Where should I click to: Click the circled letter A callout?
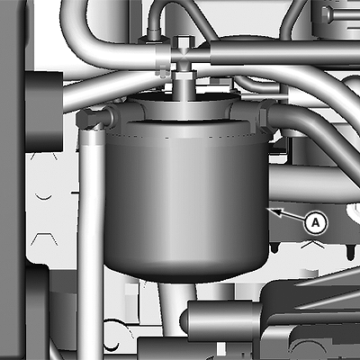pyautogui.click(x=316, y=223)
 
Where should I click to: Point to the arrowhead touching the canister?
pyautogui.click(x=274, y=211)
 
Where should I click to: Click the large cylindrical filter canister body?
pyautogui.click(x=186, y=201)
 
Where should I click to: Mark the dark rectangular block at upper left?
pyautogui.click(x=44, y=112)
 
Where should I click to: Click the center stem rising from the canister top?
pyautogui.click(x=184, y=87)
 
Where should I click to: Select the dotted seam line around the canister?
pyautogui.click(x=186, y=138)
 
